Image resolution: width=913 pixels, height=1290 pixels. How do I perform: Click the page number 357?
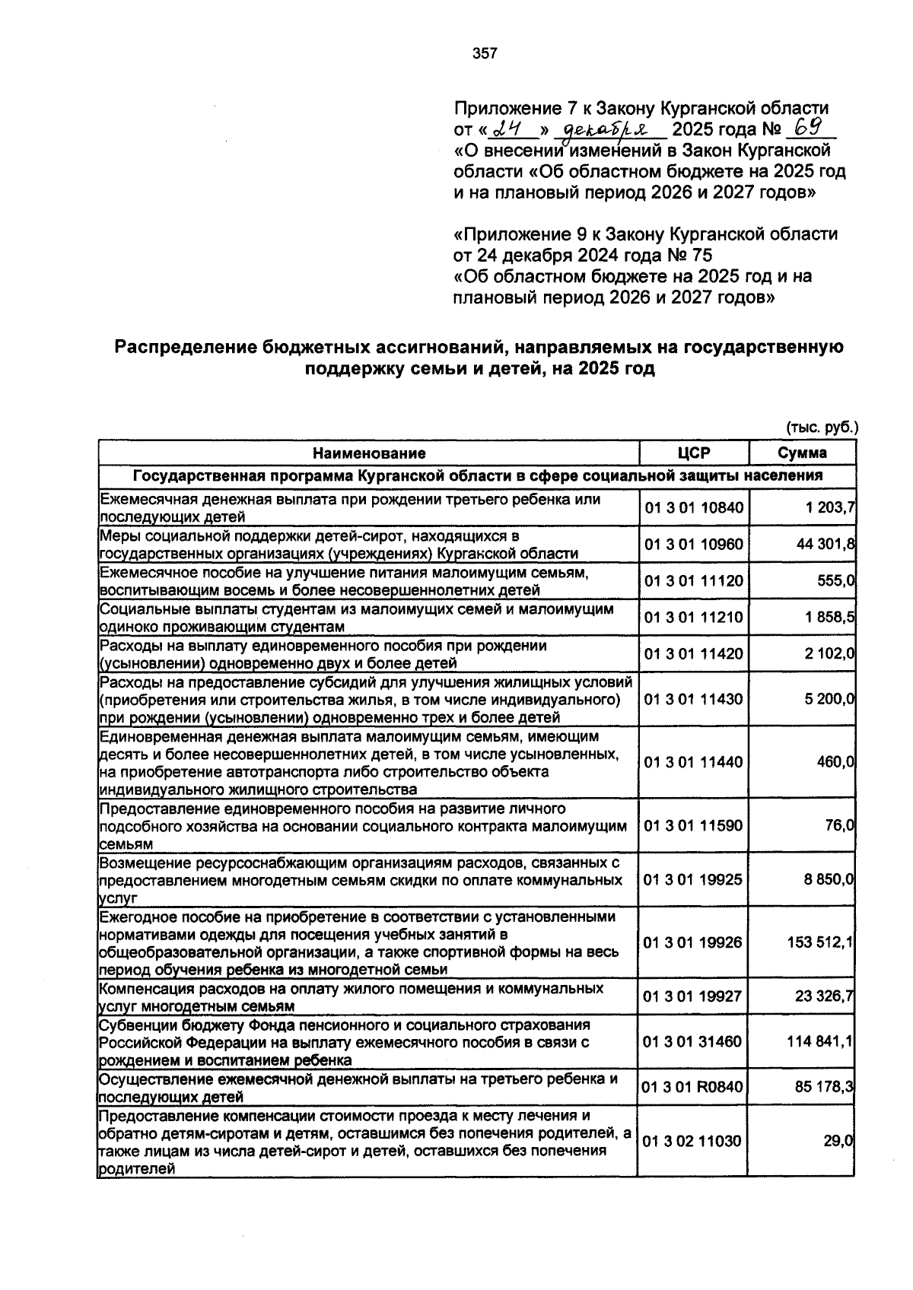pyautogui.click(x=485, y=53)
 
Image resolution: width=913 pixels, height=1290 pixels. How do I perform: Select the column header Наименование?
pyautogui.click(x=369, y=453)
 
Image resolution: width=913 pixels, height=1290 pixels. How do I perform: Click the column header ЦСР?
pyautogui.click(x=693, y=453)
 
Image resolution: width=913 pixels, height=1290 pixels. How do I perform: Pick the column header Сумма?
pyautogui.click(x=802, y=453)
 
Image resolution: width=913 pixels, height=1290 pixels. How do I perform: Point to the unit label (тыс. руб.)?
pyautogui.click(x=822, y=427)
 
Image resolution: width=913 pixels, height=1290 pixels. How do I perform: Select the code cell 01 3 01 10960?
pyautogui.click(x=693, y=544)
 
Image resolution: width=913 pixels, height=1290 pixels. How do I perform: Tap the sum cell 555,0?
pyautogui.click(x=835, y=580)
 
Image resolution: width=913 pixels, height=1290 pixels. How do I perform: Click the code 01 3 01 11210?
pyautogui.click(x=693, y=617)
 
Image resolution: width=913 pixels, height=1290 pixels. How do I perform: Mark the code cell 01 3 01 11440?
pyautogui.click(x=693, y=761)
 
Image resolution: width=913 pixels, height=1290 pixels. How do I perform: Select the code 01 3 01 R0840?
pyautogui.click(x=693, y=1087)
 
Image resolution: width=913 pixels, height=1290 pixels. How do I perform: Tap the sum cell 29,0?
pyautogui.click(x=840, y=1141)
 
